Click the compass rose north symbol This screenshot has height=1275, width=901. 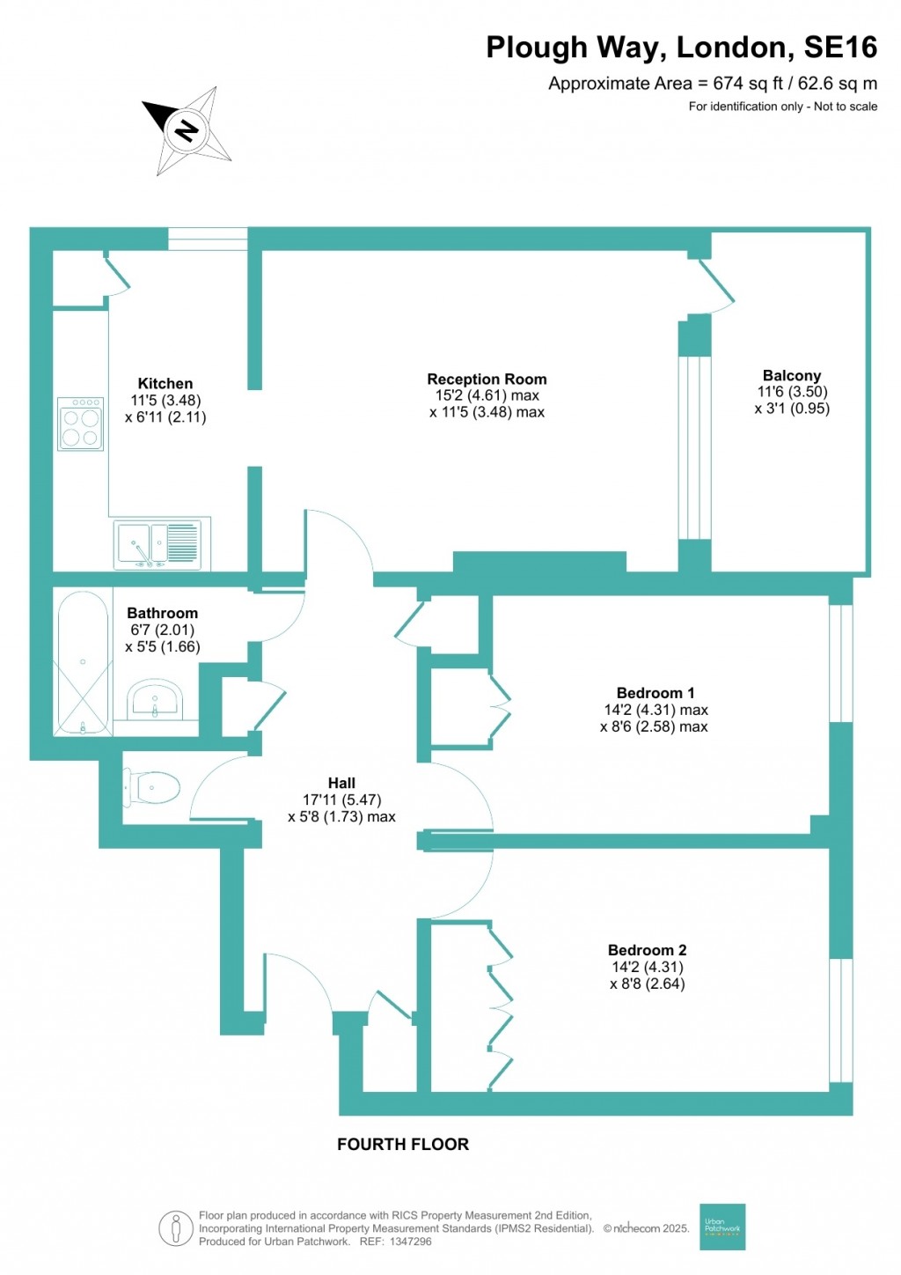pos(187,131)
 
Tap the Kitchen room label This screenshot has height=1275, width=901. pos(165,384)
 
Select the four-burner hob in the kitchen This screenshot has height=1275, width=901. pos(80,424)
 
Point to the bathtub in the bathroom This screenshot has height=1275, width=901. pos(83,663)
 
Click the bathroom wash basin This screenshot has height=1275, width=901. pos(155,701)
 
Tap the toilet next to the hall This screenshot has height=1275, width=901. pos(152,787)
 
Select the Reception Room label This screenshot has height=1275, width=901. pos(487,380)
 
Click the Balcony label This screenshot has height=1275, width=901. pos(791,376)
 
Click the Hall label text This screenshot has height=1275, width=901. pos(341,784)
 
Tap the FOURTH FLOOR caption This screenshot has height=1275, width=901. pos(403,1145)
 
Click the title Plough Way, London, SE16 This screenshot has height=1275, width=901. pos(681,48)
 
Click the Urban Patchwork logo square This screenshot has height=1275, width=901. pos(722,1227)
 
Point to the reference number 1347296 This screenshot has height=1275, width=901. pos(407,1242)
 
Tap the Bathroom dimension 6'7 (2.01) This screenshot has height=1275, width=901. pos(162,630)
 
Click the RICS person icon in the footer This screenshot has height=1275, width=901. pos(176,1228)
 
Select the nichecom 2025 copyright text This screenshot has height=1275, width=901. pos(646,1229)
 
